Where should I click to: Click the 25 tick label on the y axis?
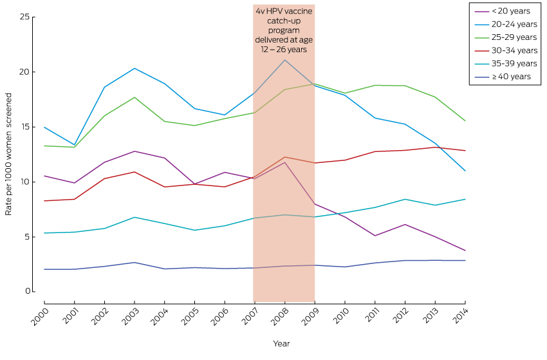[24, 17]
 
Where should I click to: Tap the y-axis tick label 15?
[24, 127]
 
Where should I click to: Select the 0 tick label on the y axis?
[27, 292]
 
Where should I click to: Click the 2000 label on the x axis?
[39, 318]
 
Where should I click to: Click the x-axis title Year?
[281, 343]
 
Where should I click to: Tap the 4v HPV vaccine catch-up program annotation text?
[284, 30]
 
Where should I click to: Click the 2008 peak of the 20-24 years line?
[284, 60]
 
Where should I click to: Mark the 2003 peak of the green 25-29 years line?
[134, 97]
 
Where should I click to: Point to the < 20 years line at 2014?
[465, 251]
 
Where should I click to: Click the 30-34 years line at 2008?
[284, 157]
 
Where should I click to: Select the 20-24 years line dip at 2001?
[74, 145]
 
